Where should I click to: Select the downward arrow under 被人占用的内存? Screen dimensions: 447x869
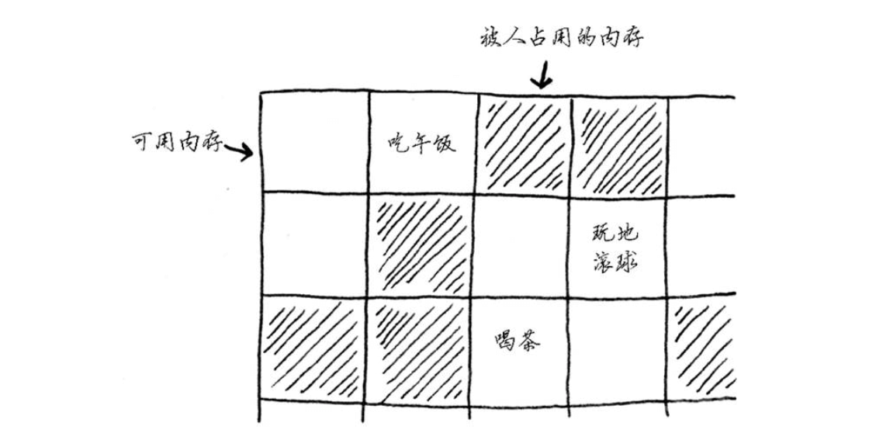tap(542, 77)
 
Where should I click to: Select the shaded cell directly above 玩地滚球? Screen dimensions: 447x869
tap(618, 145)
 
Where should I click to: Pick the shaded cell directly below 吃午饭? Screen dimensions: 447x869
tap(420, 244)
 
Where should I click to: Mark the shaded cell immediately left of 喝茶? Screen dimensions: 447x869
tap(420, 348)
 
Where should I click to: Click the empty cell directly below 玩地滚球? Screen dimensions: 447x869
tap(618, 348)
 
